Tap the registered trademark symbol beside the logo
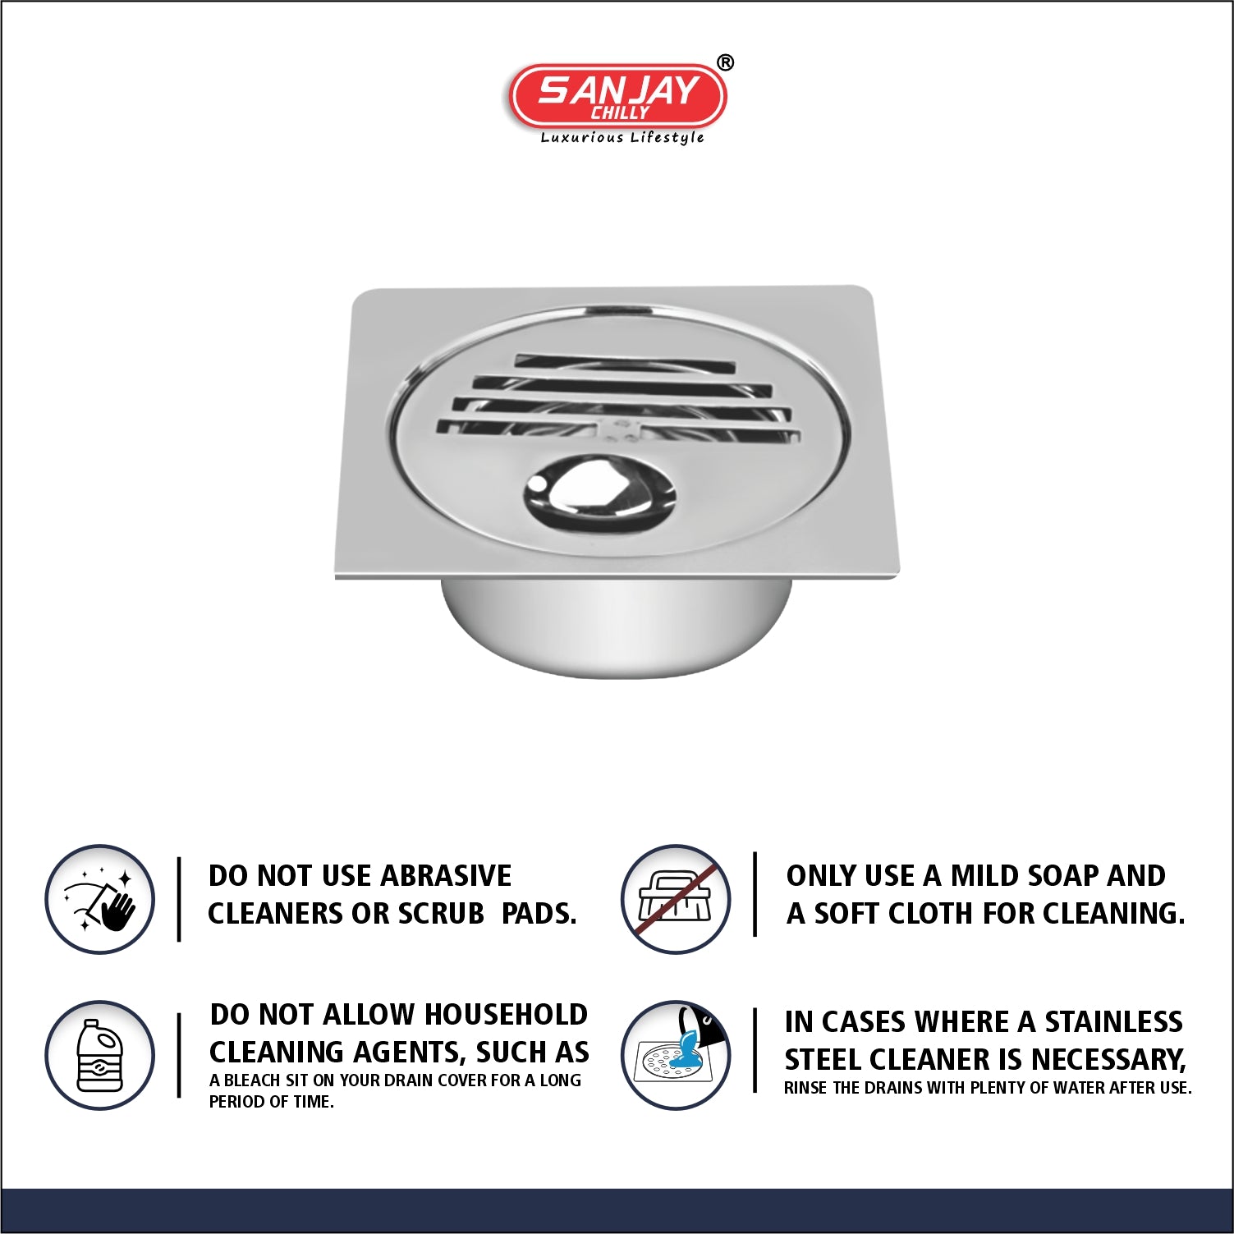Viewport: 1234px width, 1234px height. pyautogui.click(x=725, y=63)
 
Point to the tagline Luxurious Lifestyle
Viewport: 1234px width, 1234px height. pyautogui.click(x=622, y=138)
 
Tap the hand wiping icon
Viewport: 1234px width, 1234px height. pyautogui.click(x=100, y=899)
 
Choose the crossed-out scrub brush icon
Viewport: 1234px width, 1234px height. pyautogui.click(x=676, y=899)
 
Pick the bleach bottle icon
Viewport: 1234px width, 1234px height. pyautogui.click(x=100, y=1055)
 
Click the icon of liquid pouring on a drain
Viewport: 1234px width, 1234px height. pyautogui.click(x=676, y=1055)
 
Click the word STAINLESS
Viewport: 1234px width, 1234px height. pyautogui.click(x=1113, y=1022)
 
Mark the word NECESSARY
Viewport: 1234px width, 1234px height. pyautogui.click(x=1108, y=1060)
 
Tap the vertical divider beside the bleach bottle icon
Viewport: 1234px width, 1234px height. pyautogui.click(x=179, y=1055)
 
